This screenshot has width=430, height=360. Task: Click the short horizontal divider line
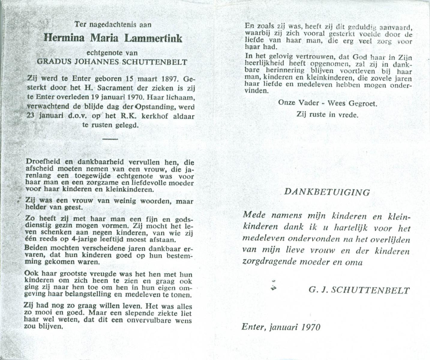pyautogui.click(x=110, y=139)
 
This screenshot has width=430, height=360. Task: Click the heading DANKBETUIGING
pyautogui.click(x=327, y=192)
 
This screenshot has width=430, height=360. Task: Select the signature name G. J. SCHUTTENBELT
pyautogui.click(x=359, y=290)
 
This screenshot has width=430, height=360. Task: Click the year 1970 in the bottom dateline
pyautogui.click(x=311, y=327)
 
